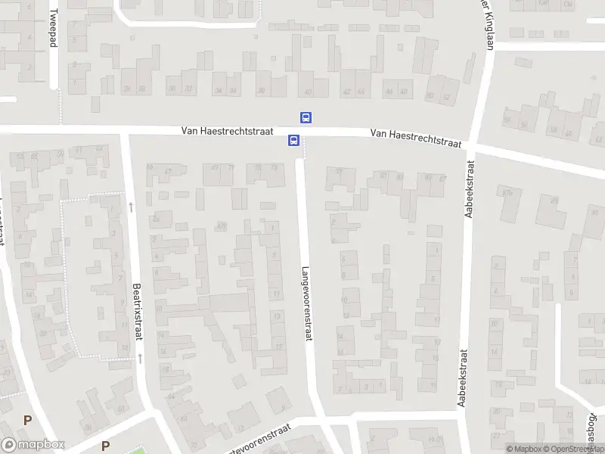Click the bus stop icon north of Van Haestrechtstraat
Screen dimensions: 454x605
tap(306, 117)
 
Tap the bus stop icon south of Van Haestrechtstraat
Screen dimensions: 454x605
tap(293, 141)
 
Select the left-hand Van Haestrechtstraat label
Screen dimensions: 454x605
tap(227, 131)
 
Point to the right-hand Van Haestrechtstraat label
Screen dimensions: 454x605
tap(416, 138)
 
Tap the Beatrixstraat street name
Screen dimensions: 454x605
tap(138, 312)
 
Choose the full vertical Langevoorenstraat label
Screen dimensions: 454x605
tap(306, 303)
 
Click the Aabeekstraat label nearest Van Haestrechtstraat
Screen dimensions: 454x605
tap(470, 189)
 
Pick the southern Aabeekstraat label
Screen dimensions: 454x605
tap(461, 378)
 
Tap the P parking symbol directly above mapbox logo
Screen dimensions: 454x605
tap(27, 420)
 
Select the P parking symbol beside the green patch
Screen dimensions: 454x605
tap(105, 446)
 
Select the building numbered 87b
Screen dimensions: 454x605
tap(507, 192)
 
